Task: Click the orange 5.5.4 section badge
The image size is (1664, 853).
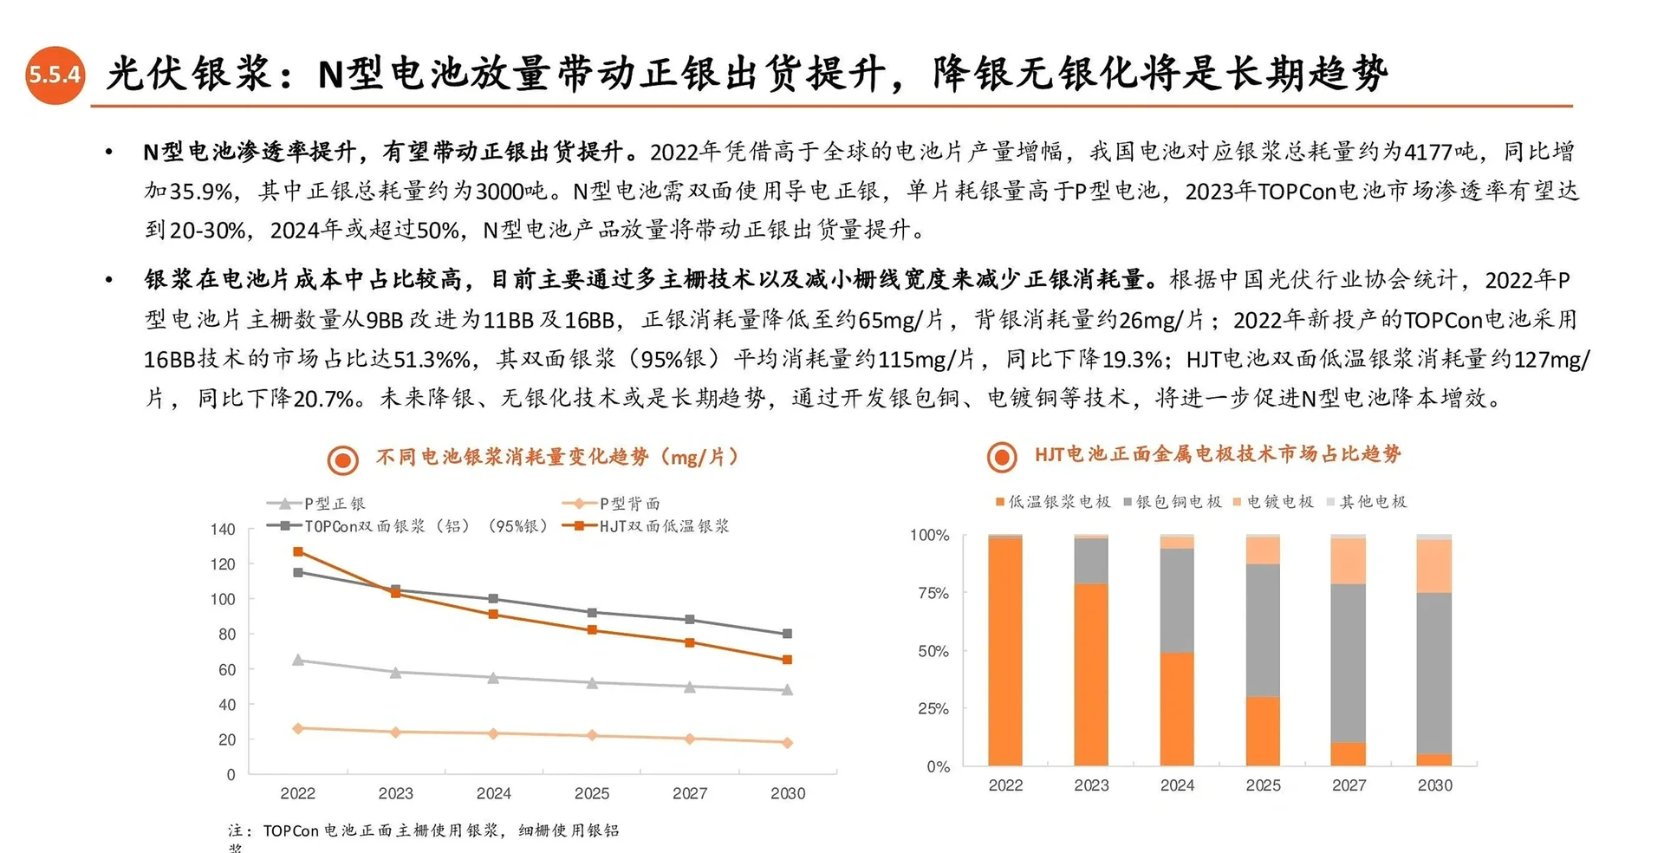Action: [55, 75]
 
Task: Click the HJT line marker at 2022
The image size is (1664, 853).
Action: [298, 551]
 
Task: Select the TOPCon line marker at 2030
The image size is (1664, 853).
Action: [787, 634]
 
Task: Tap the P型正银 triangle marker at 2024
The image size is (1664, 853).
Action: [493, 678]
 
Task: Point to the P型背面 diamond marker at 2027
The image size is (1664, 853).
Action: [690, 739]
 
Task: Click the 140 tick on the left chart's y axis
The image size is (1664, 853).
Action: [223, 529]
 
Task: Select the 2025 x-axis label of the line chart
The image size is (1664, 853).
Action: [591, 793]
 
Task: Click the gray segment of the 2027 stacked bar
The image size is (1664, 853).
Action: [1348, 663]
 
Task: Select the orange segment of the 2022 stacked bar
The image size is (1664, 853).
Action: [1005, 652]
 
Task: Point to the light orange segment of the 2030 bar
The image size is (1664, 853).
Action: [1433, 566]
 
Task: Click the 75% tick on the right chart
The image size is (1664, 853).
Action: [933, 593]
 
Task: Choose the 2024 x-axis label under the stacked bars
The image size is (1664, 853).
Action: [1176, 785]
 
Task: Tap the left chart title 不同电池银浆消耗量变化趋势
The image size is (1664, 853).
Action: [512, 457]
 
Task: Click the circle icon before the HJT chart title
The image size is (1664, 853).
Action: [1002, 456]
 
